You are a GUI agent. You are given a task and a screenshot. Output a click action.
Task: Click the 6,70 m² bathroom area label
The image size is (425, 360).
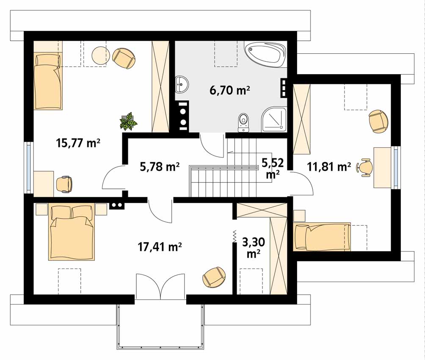tap(229, 90)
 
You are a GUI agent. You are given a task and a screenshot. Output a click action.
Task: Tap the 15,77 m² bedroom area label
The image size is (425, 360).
tap(78, 143)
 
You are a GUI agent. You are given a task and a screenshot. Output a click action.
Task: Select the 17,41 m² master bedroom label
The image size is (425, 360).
tap(160, 246)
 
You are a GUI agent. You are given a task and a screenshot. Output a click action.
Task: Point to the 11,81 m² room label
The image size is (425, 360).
tap(329, 166)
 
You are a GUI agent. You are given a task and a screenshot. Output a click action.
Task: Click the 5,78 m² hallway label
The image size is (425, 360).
tap(160, 166)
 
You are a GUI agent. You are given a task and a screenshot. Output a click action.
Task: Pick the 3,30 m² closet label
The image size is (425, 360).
tap(254, 247)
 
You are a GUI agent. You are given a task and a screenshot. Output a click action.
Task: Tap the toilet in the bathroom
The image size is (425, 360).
tap(243, 122)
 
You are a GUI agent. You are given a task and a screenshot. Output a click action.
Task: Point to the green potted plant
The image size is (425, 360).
tap(129, 121)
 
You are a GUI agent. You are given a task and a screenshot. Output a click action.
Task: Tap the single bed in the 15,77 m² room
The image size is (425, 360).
tap(48, 81)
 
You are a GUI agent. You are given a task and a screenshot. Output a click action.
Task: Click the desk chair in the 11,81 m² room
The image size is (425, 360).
tap(365, 168)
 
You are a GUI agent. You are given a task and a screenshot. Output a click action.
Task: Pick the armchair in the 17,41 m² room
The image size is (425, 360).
tap(214, 277)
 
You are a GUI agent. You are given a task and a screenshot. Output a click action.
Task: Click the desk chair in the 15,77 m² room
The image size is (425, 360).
tap(64, 185)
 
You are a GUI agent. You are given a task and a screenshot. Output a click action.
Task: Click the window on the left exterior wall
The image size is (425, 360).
tap(29, 167)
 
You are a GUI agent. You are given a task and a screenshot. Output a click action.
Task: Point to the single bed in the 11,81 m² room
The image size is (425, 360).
tap(322, 237)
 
